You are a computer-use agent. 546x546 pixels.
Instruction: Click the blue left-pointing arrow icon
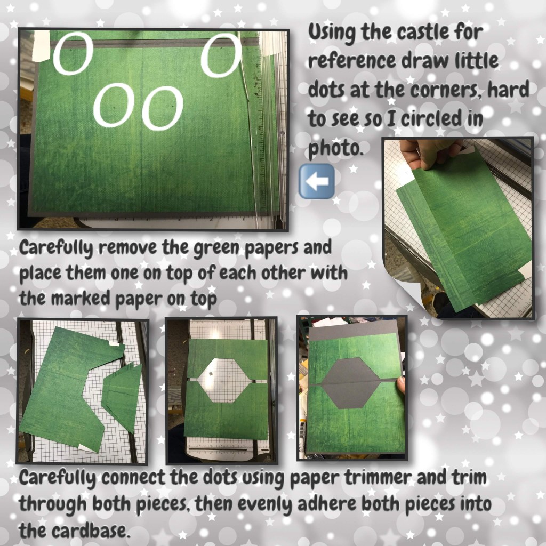pos(317,181)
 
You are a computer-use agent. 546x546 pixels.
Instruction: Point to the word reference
pos(352,61)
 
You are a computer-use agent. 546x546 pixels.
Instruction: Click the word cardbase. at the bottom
pos(74,531)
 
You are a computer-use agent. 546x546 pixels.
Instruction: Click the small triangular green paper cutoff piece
pos(124,396)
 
